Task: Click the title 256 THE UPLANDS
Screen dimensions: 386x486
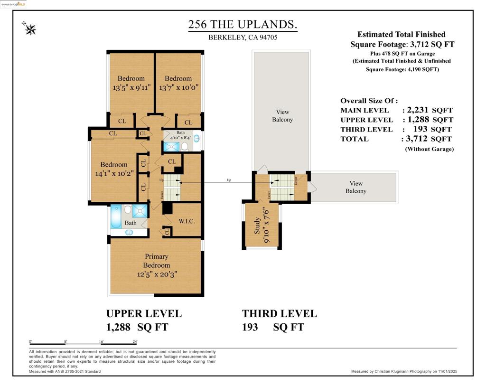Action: (243, 25)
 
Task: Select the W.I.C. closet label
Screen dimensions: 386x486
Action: (187, 221)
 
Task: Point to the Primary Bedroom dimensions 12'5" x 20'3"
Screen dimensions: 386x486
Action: (157, 274)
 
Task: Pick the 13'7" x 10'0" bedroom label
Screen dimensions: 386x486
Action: (178, 87)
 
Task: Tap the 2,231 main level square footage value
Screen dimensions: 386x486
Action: (418, 110)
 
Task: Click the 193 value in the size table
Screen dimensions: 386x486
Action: (420, 129)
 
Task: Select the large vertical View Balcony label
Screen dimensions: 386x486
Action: (282, 116)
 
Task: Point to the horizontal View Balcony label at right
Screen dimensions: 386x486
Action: (355, 187)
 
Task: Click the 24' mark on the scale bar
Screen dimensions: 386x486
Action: (135, 341)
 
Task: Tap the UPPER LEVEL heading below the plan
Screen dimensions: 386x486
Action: (144, 313)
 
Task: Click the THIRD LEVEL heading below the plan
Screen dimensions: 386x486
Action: (280, 313)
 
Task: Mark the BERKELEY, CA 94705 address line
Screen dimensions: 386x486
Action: (243, 38)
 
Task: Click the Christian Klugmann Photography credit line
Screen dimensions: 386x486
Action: (404, 371)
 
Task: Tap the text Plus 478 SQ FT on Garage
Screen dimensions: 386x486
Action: (401, 53)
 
